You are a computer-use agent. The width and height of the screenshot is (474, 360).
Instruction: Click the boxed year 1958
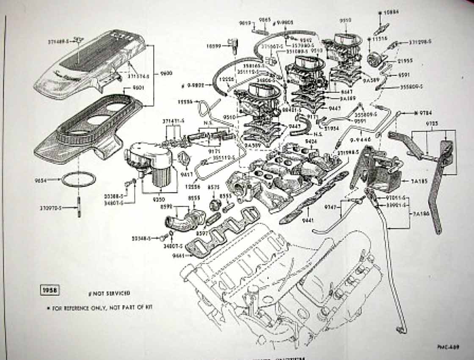[50, 290]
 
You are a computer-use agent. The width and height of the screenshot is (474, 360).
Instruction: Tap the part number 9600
[166, 73]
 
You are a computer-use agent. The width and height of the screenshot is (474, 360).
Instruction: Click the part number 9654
[41, 180]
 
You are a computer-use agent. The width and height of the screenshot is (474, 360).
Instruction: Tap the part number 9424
[311, 141]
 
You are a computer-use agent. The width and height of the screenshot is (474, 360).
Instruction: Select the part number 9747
[331, 207]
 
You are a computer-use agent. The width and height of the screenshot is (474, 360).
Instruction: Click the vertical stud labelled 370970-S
[79, 208]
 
